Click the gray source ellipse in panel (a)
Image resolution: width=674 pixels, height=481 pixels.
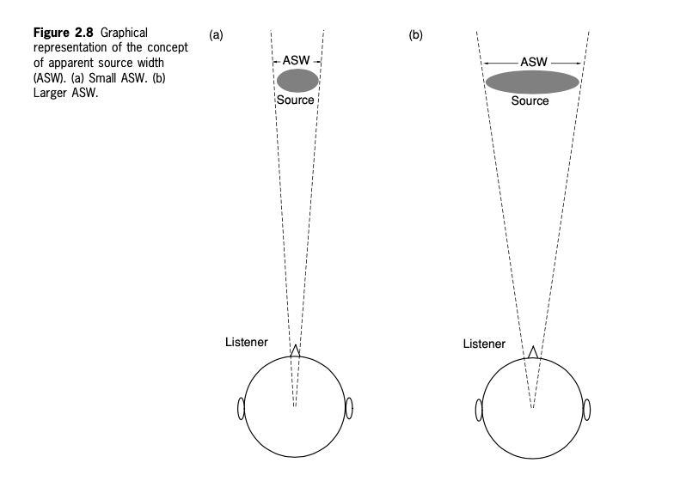[297, 81]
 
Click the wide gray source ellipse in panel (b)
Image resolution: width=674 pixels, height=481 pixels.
[533, 82]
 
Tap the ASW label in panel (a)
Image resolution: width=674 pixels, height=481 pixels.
[296, 60]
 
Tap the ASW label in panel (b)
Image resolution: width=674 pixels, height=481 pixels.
[534, 62]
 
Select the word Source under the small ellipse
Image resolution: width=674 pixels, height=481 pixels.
[296, 100]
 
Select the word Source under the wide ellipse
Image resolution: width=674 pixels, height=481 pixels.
[530, 101]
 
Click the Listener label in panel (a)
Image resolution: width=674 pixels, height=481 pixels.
[246, 342]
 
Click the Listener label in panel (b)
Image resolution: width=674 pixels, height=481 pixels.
[484, 344]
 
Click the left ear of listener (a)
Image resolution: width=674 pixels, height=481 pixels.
[241, 409]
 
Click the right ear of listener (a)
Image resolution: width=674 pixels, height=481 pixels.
[349, 409]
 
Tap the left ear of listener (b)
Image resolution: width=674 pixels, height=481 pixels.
[479, 411]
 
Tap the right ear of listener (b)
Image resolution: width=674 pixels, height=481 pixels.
[586, 411]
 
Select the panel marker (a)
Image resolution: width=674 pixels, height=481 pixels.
[217, 34]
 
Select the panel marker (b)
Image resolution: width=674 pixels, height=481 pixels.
[416, 34]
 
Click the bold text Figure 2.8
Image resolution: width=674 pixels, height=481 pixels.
[64, 33]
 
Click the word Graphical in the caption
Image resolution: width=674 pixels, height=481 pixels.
[124, 33]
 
